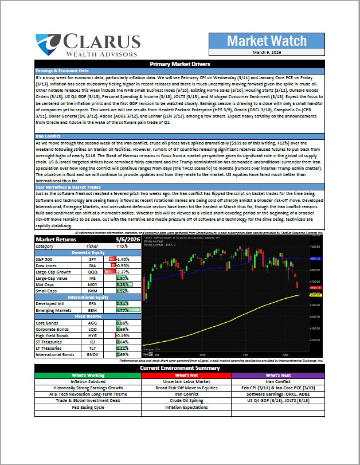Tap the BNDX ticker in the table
(93, 354)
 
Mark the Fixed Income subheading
(87, 316)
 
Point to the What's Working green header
(87, 375)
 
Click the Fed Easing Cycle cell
(87, 407)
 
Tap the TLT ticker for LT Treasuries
(93, 348)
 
